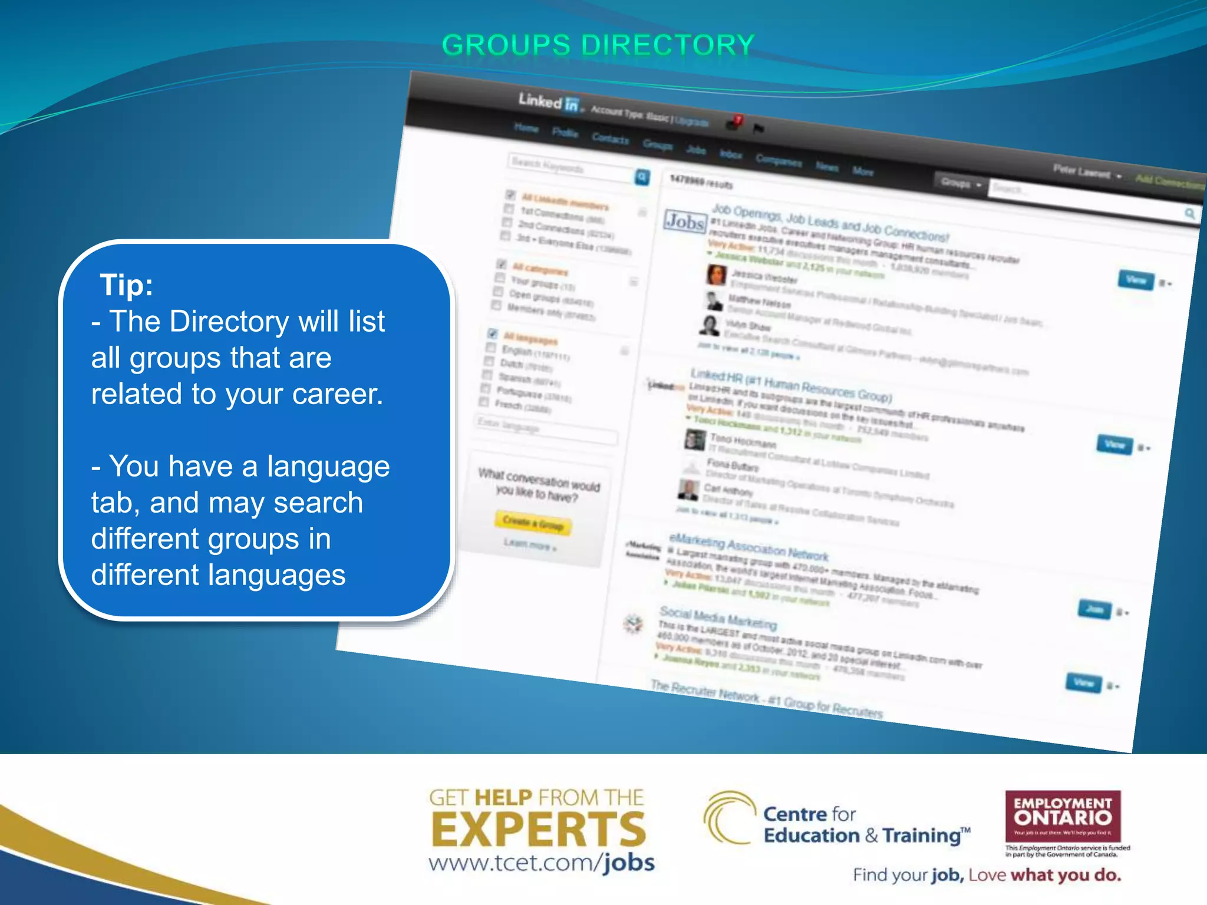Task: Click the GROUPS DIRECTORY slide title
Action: [x=598, y=45]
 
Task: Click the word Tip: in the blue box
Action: [x=127, y=285]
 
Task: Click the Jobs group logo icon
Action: [x=685, y=222]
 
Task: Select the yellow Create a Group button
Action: [x=534, y=522]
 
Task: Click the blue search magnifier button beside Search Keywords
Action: [x=642, y=177]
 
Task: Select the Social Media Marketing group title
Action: [x=718, y=617]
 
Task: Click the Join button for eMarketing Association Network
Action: [x=1094, y=609]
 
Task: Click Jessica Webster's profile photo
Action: [x=716, y=275]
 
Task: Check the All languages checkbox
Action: [x=493, y=333]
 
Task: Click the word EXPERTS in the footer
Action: [x=539, y=830]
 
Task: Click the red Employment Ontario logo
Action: [x=1063, y=816]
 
